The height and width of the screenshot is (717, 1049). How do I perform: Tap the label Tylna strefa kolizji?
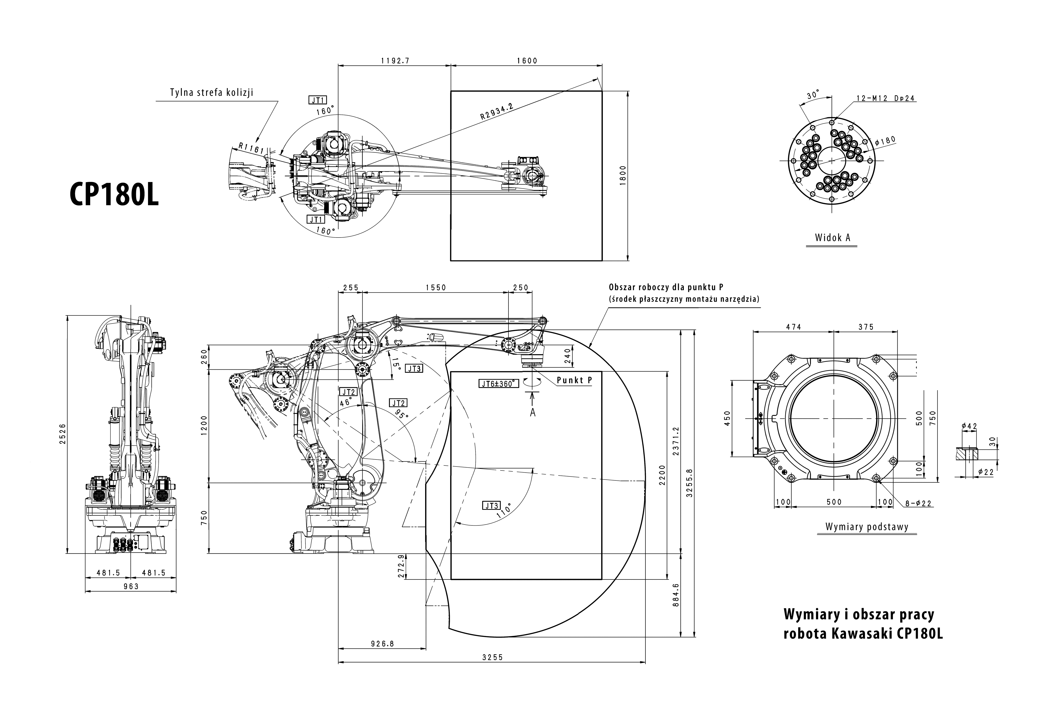(x=211, y=93)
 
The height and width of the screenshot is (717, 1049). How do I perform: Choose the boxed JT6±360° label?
(x=497, y=384)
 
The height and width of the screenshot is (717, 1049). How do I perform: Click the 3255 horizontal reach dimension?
(x=492, y=657)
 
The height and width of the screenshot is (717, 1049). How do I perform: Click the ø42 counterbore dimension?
(x=969, y=426)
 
